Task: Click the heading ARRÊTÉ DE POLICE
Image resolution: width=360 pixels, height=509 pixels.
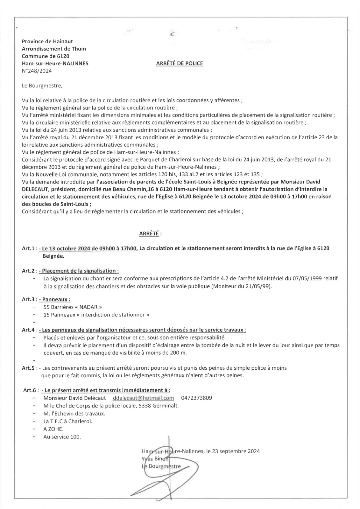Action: point(179,63)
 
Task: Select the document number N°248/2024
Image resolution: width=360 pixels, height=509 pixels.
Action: point(37,71)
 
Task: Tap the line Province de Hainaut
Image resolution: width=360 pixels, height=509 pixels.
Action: point(47,41)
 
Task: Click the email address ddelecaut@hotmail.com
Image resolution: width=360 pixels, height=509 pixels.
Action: point(143,398)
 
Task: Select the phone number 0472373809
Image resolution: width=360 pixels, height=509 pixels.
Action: point(196,398)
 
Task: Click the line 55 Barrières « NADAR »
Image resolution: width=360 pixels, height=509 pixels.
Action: point(73,307)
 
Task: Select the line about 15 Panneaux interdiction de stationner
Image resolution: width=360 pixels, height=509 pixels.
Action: point(96,315)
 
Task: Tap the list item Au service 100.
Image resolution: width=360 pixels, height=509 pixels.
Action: point(62,437)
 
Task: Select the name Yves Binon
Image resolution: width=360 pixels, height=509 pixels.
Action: point(156,459)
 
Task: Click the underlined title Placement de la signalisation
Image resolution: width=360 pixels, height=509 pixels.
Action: point(80,271)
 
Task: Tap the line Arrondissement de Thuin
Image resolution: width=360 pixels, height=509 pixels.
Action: point(54,49)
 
